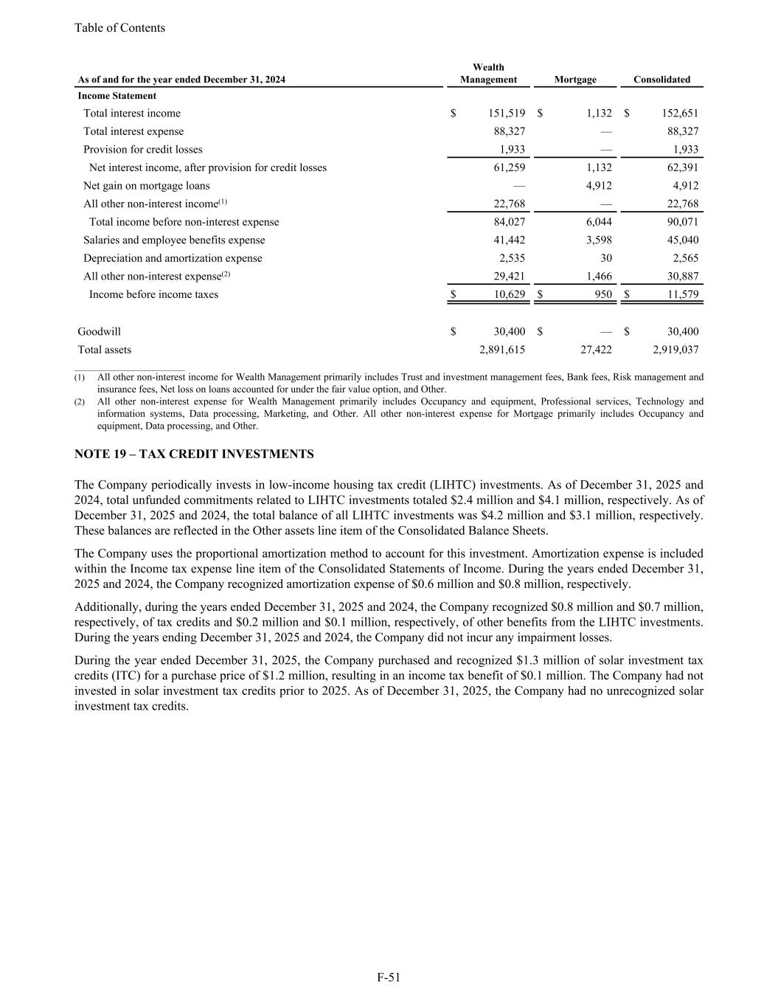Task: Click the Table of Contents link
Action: coord(119,28)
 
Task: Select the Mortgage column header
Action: coord(575,80)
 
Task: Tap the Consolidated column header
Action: coord(661,80)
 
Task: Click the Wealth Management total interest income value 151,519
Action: coord(507,114)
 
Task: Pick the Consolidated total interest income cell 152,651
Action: coord(679,114)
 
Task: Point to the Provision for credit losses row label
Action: coord(142,150)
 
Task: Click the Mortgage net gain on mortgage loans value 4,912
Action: coord(598,186)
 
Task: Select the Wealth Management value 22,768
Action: coord(509,204)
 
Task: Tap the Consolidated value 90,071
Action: coord(681,222)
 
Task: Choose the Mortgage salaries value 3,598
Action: coord(598,240)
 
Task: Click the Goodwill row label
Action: coord(99,332)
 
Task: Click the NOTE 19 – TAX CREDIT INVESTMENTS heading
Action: coord(194,454)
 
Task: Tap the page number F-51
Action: coord(389,977)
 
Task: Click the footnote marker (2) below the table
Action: coord(80,402)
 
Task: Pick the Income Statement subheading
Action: coord(117,96)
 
